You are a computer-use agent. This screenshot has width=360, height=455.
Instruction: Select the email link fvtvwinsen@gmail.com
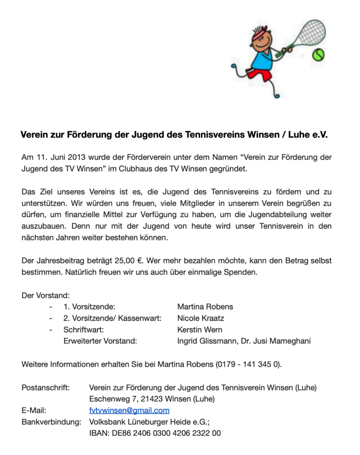pyautogui.click(x=129, y=410)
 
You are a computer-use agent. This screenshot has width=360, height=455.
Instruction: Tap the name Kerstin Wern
pyautogui.click(x=200, y=330)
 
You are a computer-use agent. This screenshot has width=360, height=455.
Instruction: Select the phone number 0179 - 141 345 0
pyautogui.click(x=248, y=364)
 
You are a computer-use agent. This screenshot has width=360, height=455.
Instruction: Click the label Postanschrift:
pyautogui.click(x=46, y=387)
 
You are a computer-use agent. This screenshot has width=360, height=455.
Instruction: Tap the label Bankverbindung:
pyautogui.click(x=51, y=422)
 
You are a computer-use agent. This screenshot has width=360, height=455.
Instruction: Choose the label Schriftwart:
pyautogui.click(x=84, y=330)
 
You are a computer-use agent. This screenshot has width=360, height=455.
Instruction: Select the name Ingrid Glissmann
pyautogui.click(x=207, y=341)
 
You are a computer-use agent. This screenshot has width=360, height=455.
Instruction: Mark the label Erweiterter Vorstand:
pyautogui.click(x=100, y=341)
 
